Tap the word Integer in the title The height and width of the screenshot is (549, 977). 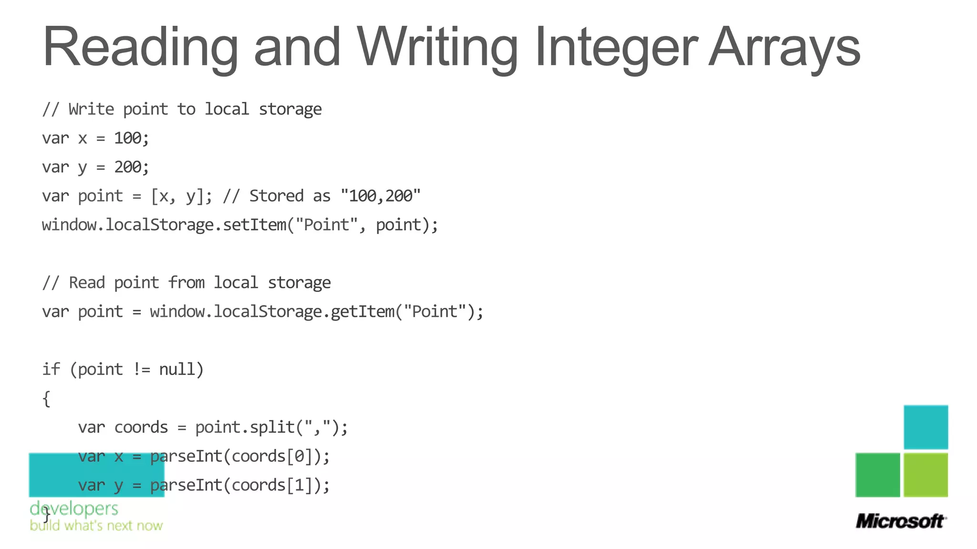coord(616,48)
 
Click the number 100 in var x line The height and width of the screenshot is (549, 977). coord(127,138)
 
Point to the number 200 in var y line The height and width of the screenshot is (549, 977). coord(127,167)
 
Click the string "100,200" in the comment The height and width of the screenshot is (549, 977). coord(381,196)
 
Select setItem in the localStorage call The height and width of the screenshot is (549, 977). coord(255,225)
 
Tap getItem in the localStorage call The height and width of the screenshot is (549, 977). coord(363,312)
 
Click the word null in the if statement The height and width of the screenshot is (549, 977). coord(177,369)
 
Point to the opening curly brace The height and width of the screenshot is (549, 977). coord(46,398)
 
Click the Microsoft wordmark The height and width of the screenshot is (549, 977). coord(900,521)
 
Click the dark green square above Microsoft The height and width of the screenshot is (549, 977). coord(878,475)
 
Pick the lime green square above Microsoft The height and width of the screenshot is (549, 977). coord(925,475)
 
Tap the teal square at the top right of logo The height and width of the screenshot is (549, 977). coord(925,427)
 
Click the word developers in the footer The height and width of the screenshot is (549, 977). coord(74,508)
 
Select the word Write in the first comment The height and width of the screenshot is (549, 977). coord(91,110)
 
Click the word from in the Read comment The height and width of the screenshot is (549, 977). coord(186,283)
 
